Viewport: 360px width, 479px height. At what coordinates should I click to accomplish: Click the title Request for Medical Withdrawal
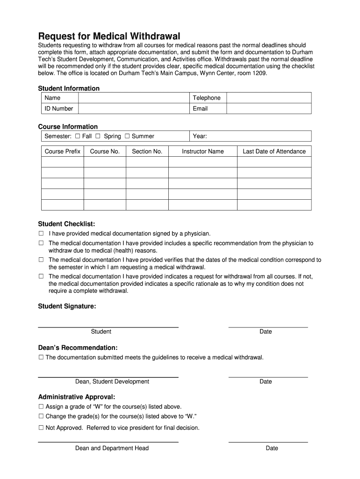click(x=108, y=36)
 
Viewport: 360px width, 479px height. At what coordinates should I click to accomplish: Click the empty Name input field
click(x=134, y=98)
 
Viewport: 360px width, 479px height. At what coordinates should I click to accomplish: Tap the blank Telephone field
click(x=268, y=98)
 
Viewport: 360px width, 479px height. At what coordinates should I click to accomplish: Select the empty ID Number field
click(x=134, y=109)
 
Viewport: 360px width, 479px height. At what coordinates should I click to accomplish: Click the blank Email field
click(x=268, y=109)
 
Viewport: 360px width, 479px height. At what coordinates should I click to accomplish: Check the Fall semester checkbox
click(x=78, y=136)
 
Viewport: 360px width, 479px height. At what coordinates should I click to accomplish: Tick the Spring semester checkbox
click(x=98, y=136)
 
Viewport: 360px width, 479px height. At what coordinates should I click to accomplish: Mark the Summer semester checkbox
click(x=127, y=136)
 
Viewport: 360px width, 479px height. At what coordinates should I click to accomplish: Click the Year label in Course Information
click(x=200, y=136)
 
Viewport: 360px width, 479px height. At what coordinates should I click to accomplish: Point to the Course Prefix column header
click(x=63, y=151)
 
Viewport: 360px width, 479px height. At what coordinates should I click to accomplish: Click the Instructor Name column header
click(x=202, y=151)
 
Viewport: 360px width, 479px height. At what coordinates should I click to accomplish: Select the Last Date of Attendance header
click(x=274, y=151)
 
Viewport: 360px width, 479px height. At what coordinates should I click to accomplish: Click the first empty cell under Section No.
click(x=147, y=162)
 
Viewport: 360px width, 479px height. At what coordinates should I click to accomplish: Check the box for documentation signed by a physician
click(x=41, y=233)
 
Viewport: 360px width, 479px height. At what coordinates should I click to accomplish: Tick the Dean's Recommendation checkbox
click(x=41, y=357)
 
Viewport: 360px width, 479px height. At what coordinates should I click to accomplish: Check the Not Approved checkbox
click(x=41, y=428)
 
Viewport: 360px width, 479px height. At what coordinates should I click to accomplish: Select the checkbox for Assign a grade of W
click(x=41, y=406)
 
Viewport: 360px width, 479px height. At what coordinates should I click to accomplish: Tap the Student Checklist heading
click(x=66, y=224)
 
